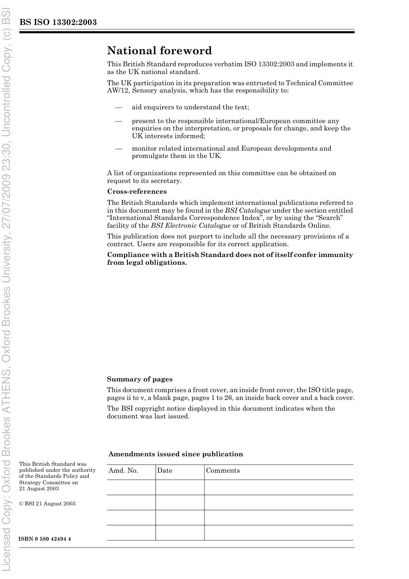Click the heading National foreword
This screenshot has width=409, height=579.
pos(159,51)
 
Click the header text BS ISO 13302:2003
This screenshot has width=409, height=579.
pos(58,22)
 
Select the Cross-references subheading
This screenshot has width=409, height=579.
pos(137,192)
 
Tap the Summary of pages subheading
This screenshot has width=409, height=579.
pos(139,379)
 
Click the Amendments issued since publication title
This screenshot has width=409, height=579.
pos(176,454)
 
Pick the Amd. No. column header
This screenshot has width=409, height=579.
pos(123,471)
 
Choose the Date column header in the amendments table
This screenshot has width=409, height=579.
pos(164,471)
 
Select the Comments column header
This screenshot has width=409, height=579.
pos(223,471)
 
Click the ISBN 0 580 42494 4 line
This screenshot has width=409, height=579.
pos(45,539)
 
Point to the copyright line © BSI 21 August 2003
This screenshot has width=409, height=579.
pos(47,504)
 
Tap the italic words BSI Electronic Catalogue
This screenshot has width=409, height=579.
pos(191,226)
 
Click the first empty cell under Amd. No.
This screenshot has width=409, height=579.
pos(131,487)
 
